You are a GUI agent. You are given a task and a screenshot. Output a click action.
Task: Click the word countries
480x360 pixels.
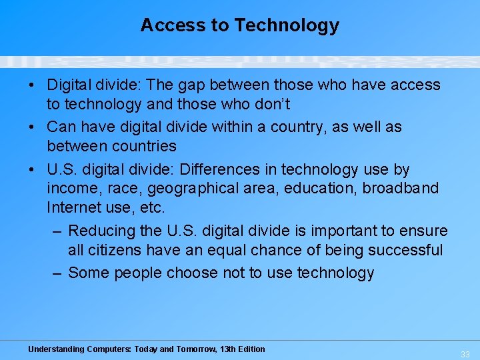pyautogui.click(x=144, y=146)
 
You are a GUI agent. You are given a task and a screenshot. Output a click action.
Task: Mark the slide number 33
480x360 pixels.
pyautogui.click(x=465, y=354)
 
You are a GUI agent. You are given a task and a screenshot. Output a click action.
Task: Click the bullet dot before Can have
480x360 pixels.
pyautogui.click(x=33, y=127)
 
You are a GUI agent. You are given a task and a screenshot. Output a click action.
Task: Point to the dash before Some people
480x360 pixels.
pyautogui.click(x=57, y=273)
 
